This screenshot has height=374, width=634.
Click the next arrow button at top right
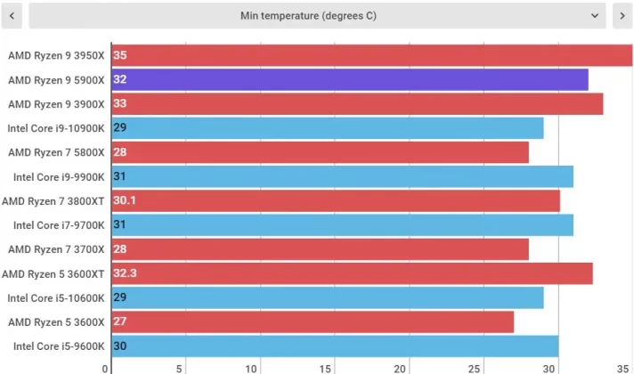pyautogui.click(x=622, y=15)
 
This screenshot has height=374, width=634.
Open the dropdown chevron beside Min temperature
pyautogui.click(x=595, y=15)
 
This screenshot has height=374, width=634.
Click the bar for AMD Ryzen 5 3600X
pyautogui.click(x=313, y=321)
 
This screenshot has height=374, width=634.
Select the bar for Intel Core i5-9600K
pyautogui.click(x=335, y=346)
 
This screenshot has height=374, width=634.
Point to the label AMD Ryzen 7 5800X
pyautogui.click(x=56, y=152)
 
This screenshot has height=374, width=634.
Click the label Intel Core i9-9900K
pyautogui.click(x=59, y=176)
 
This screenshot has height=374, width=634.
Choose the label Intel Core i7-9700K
pyautogui.click(x=59, y=225)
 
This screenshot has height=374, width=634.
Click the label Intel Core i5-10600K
pyautogui.click(x=56, y=297)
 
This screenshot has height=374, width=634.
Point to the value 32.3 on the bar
pyautogui.click(x=125, y=273)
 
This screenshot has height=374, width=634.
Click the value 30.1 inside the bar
pyautogui.click(x=125, y=201)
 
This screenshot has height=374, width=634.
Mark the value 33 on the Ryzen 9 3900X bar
pyautogui.click(x=120, y=103)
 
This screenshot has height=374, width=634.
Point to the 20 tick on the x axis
pyautogui.click(x=406, y=368)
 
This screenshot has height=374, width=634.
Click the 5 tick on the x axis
pyautogui.click(x=181, y=368)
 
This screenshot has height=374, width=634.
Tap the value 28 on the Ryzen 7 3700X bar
pyautogui.click(x=120, y=249)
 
